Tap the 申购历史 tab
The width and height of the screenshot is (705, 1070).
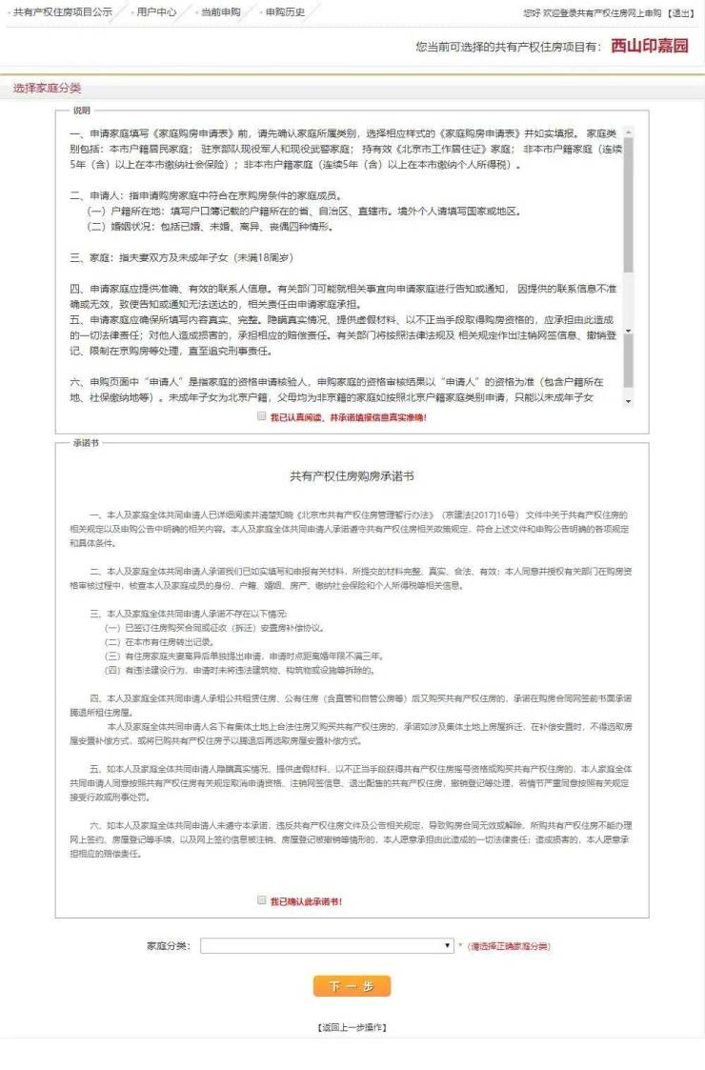click(284, 12)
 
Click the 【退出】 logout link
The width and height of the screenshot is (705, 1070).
click(680, 12)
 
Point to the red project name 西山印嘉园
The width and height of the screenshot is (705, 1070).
click(650, 46)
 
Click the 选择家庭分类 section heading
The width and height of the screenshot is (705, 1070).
click(48, 89)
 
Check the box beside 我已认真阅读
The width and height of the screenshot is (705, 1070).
click(262, 416)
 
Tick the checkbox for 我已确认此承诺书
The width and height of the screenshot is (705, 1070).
click(262, 900)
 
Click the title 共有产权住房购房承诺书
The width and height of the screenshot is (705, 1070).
click(352, 474)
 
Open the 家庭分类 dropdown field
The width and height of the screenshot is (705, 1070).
click(324, 945)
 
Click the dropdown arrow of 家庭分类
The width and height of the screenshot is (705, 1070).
click(448, 945)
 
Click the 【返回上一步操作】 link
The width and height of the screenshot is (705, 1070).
click(352, 1027)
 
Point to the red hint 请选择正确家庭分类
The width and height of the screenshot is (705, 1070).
click(509, 946)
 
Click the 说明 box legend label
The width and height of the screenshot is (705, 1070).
click(81, 111)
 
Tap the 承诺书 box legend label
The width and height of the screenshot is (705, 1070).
click(86, 443)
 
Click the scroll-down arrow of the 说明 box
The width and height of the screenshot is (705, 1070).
click(627, 401)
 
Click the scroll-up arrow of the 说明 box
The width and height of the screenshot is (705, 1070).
click(627, 118)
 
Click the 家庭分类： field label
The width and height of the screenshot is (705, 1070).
click(169, 946)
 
